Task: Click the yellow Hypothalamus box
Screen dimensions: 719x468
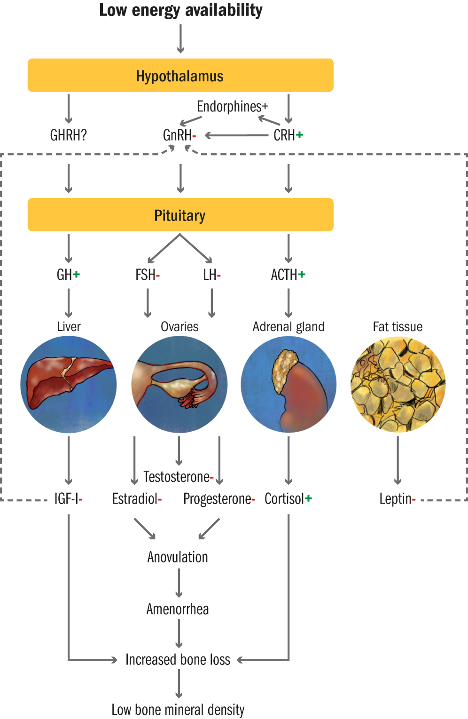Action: tap(180, 75)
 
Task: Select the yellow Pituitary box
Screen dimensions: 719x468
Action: tap(180, 215)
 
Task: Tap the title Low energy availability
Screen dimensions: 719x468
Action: tap(180, 10)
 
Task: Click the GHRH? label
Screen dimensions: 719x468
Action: tap(69, 135)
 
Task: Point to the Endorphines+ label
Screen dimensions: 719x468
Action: tap(232, 107)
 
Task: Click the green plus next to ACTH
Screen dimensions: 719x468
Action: tap(302, 274)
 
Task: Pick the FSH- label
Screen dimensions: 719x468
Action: tap(148, 275)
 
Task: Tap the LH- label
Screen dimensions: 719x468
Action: tap(212, 275)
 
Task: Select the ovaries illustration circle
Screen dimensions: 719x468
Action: tap(179, 384)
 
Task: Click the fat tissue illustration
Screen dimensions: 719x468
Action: tap(398, 384)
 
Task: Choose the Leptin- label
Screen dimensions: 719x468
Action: tap(397, 498)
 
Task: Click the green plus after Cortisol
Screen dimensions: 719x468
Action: tap(309, 498)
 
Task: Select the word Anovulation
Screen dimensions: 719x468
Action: tap(178, 557)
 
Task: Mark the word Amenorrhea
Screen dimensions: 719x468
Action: tap(178, 609)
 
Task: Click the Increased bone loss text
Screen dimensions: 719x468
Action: tap(178, 660)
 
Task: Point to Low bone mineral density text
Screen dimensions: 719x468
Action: tap(178, 710)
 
